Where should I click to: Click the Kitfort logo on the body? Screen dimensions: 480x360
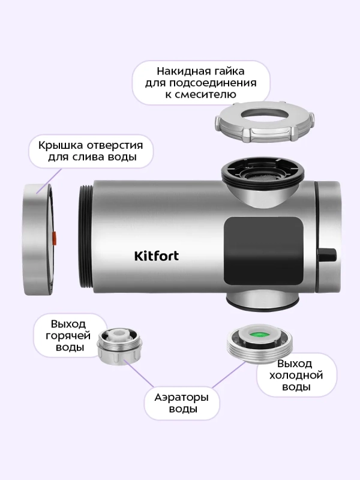coord(155,256)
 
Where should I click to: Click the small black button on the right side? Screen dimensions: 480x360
coord(328,255)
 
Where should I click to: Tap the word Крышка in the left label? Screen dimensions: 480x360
coord(61,145)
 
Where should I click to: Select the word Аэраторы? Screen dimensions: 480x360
coord(181,397)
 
